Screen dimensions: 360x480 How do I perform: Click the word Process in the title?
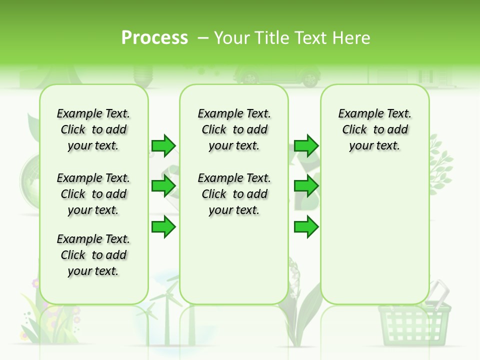coord(154,38)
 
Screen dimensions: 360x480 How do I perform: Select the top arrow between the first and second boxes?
coord(163,145)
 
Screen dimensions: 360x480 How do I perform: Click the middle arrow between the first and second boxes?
coord(163,186)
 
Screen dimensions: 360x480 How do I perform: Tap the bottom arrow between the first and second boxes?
coord(163,226)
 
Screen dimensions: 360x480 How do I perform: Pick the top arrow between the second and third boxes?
coord(306,145)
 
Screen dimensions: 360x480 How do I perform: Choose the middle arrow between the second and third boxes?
coord(306,186)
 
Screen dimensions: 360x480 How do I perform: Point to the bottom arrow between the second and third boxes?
coord(306,226)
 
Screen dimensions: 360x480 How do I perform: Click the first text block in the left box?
coord(93,129)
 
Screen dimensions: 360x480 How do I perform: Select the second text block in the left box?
coord(93,194)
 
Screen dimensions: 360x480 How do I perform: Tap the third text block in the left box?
coord(93,255)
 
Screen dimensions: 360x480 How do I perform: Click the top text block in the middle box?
coord(234,129)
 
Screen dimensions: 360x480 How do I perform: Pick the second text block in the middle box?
coord(234,194)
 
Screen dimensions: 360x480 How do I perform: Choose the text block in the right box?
coord(374,129)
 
